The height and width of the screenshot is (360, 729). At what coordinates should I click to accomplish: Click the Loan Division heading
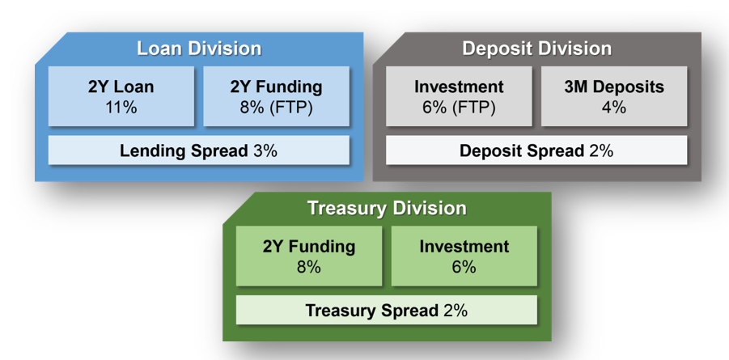[199, 49]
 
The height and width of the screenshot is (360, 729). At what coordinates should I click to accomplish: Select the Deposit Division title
[536, 49]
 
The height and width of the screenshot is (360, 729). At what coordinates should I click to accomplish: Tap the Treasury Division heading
[387, 209]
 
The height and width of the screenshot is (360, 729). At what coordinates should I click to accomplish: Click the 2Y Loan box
[121, 96]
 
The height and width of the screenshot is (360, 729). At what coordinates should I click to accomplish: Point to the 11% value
[121, 108]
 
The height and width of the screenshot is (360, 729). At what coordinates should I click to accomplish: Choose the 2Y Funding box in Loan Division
[276, 96]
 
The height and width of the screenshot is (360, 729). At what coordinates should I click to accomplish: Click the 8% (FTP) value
[276, 108]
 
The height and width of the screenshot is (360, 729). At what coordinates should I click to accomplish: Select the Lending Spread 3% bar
[198, 150]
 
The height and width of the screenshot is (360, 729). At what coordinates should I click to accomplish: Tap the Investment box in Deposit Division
[459, 96]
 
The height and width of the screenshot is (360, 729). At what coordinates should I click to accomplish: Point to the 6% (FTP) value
[459, 108]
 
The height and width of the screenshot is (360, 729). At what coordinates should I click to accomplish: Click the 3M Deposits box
[614, 96]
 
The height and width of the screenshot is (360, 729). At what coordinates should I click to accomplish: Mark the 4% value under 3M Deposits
[614, 108]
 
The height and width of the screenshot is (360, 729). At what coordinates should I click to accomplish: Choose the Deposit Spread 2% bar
[536, 150]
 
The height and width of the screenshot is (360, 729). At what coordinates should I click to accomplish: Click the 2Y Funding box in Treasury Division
[309, 256]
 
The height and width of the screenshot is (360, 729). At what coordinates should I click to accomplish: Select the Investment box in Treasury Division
[464, 256]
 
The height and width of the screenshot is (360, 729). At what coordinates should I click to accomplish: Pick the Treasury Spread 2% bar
[387, 310]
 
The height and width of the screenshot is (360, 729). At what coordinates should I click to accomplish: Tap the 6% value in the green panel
[464, 268]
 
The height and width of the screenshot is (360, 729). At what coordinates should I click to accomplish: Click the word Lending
[149, 151]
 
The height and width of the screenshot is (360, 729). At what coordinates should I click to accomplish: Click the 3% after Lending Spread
[265, 150]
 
